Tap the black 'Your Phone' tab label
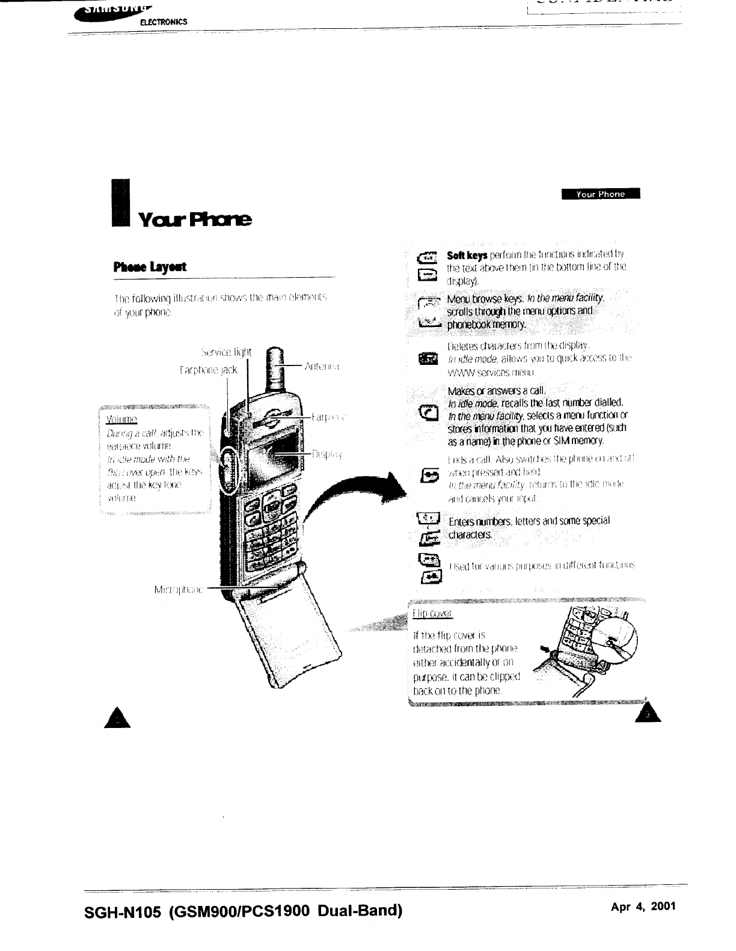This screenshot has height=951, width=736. [x=600, y=194]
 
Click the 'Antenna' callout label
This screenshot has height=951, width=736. [x=323, y=365]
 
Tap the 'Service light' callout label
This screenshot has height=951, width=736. [x=226, y=352]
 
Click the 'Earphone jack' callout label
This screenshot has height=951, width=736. [x=209, y=370]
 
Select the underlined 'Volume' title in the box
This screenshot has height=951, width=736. [x=122, y=419]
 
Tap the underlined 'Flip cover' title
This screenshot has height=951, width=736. [x=432, y=613]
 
